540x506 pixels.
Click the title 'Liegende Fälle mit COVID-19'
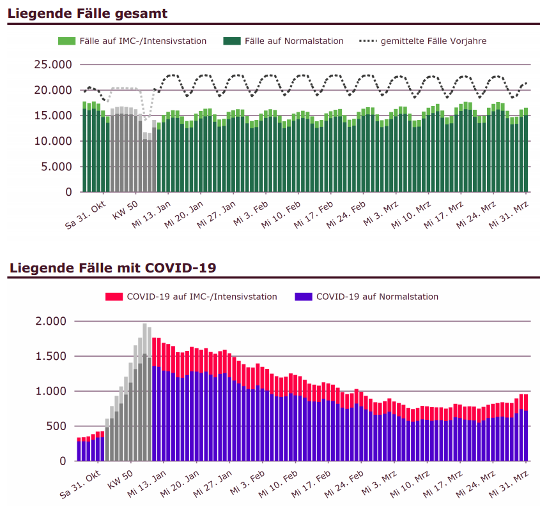click(x=112, y=267)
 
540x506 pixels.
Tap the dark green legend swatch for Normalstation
click(x=232, y=41)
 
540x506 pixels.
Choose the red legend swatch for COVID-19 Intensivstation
click(x=114, y=297)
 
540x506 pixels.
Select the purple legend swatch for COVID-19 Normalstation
click(x=303, y=297)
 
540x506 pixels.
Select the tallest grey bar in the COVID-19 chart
click(x=144, y=392)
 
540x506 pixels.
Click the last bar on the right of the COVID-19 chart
click(x=526, y=428)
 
